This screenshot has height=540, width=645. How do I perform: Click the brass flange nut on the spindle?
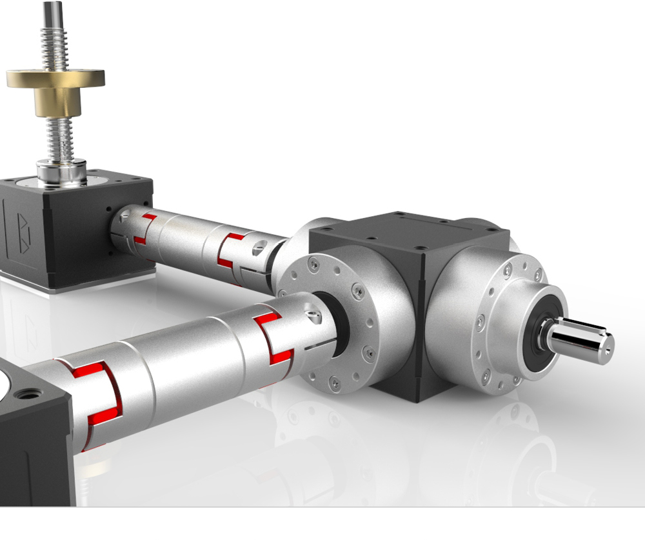click(x=55, y=87)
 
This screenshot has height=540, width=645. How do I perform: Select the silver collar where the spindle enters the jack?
click(x=61, y=172)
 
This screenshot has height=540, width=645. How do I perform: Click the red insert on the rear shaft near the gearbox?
click(x=232, y=252)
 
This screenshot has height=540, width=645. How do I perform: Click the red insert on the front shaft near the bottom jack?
click(x=97, y=394)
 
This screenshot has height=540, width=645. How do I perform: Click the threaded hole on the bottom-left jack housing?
click(x=30, y=393)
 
